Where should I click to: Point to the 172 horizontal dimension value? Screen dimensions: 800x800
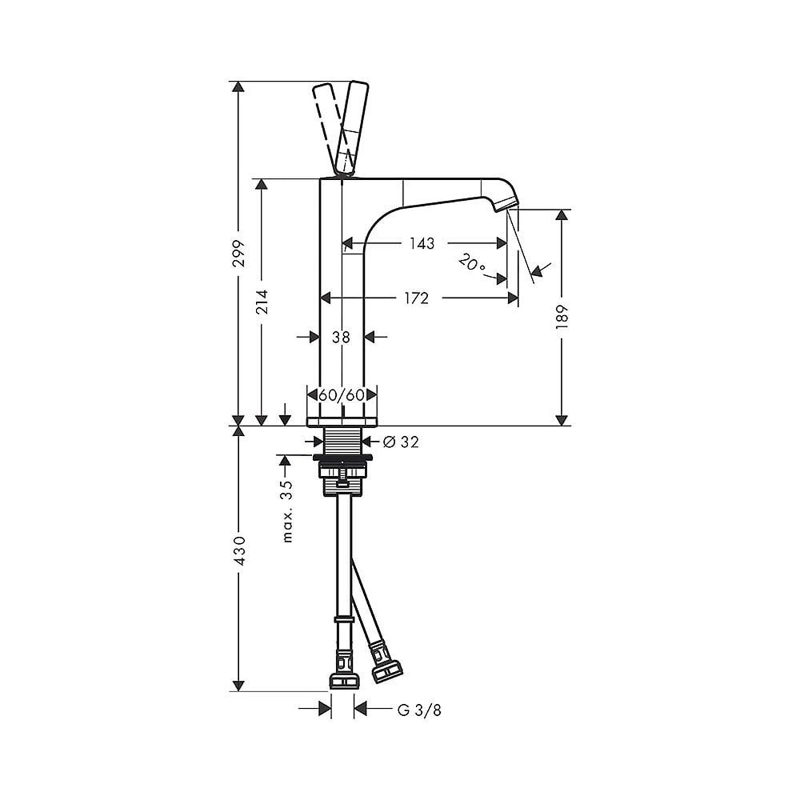point(415,298)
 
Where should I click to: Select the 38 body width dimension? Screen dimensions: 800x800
point(341,337)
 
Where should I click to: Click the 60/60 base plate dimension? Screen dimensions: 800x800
point(341,395)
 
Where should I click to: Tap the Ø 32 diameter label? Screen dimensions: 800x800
point(401,441)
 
